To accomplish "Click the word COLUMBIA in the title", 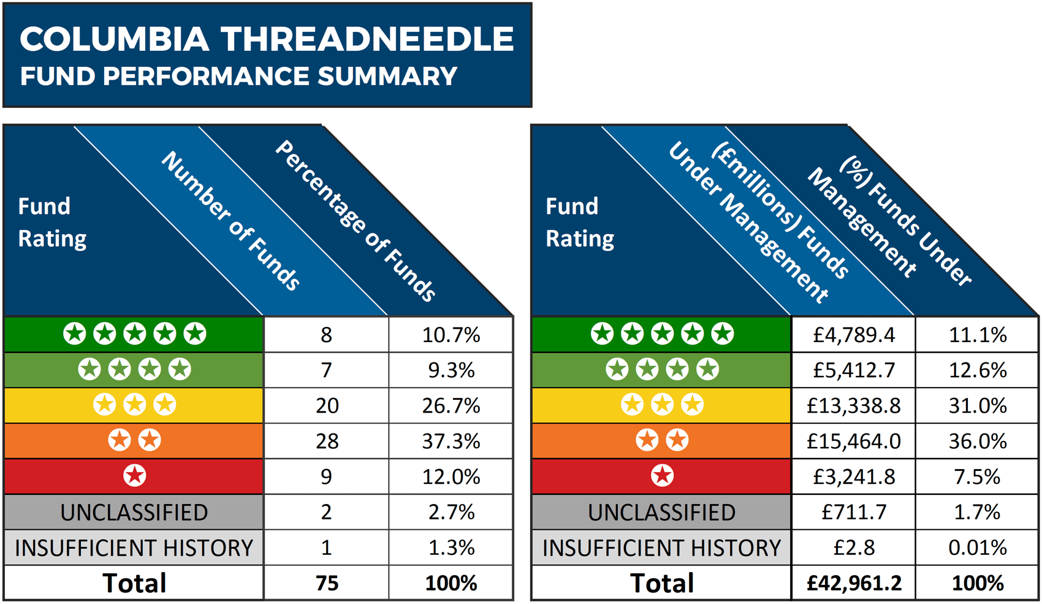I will [115, 39].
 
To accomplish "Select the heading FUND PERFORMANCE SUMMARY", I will [239, 77].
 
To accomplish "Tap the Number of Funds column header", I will [230, 221].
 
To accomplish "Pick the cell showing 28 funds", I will [327, 441].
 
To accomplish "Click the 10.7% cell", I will [451, 335].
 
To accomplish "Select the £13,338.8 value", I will [853, 405].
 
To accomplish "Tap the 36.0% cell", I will [977, 441].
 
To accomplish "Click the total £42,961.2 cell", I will [853, 583].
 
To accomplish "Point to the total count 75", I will [327, 583].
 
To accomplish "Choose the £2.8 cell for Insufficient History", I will [853, 548].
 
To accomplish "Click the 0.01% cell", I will [977, 548].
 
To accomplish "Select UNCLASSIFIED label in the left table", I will [134, 512].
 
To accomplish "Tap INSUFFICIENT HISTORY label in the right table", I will [661, 548].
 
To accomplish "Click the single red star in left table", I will [134, 476].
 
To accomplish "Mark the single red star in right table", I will [662, 476].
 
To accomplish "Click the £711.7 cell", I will [853, 512].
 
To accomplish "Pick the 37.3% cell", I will [451, 441].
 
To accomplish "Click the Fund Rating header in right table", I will [580, 222].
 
